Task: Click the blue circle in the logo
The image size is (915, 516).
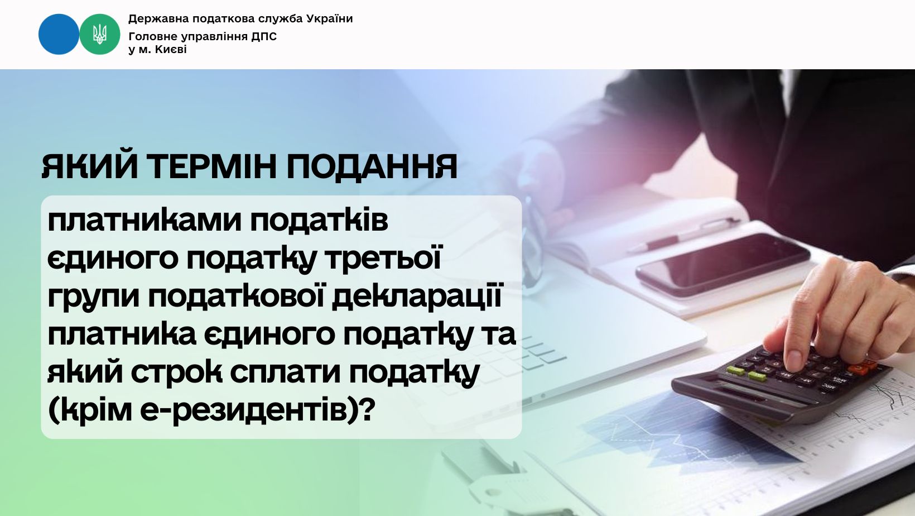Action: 59,35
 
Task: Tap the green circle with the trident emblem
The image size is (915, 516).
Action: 100,35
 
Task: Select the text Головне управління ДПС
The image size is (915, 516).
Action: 203,37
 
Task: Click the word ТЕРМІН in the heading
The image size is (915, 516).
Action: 211,167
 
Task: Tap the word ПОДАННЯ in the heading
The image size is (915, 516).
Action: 372,167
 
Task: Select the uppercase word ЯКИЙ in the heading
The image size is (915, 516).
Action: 89,167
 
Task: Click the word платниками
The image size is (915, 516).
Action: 145,222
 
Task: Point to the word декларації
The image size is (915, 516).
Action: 417,295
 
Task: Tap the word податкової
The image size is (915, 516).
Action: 235,295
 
